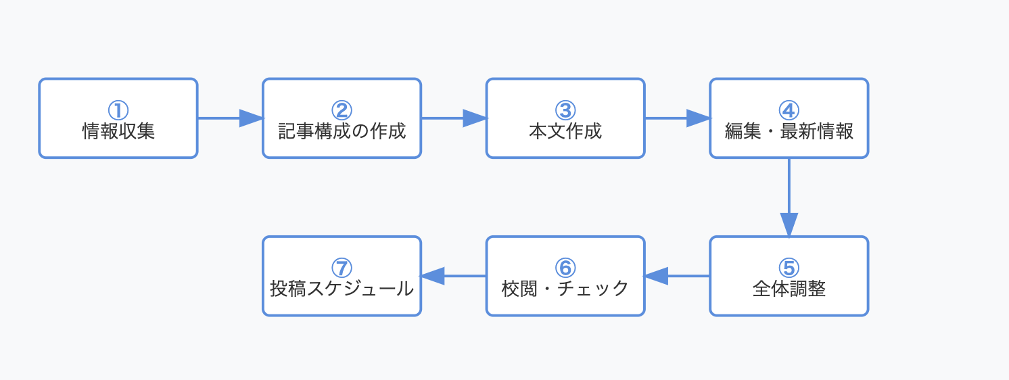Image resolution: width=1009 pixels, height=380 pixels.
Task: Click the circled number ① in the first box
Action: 118,110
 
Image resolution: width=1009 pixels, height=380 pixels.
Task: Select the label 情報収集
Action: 118,131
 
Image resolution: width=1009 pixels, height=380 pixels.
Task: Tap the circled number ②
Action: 342,110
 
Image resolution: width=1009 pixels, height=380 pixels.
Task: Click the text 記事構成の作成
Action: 342,131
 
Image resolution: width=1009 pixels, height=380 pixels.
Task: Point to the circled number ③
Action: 565,110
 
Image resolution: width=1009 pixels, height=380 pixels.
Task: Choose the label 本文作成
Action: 565,131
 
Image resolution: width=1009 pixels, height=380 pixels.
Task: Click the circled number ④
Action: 789,110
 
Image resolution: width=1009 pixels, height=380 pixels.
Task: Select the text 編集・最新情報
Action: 789,131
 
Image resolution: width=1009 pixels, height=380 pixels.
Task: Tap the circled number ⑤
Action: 789,268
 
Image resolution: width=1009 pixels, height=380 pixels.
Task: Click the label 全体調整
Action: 789,289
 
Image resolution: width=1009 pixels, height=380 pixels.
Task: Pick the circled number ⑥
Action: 565,268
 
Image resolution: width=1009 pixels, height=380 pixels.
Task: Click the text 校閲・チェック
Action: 565,289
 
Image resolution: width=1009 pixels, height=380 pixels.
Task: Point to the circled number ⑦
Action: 342,268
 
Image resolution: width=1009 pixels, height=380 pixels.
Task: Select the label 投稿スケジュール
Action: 342,289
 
